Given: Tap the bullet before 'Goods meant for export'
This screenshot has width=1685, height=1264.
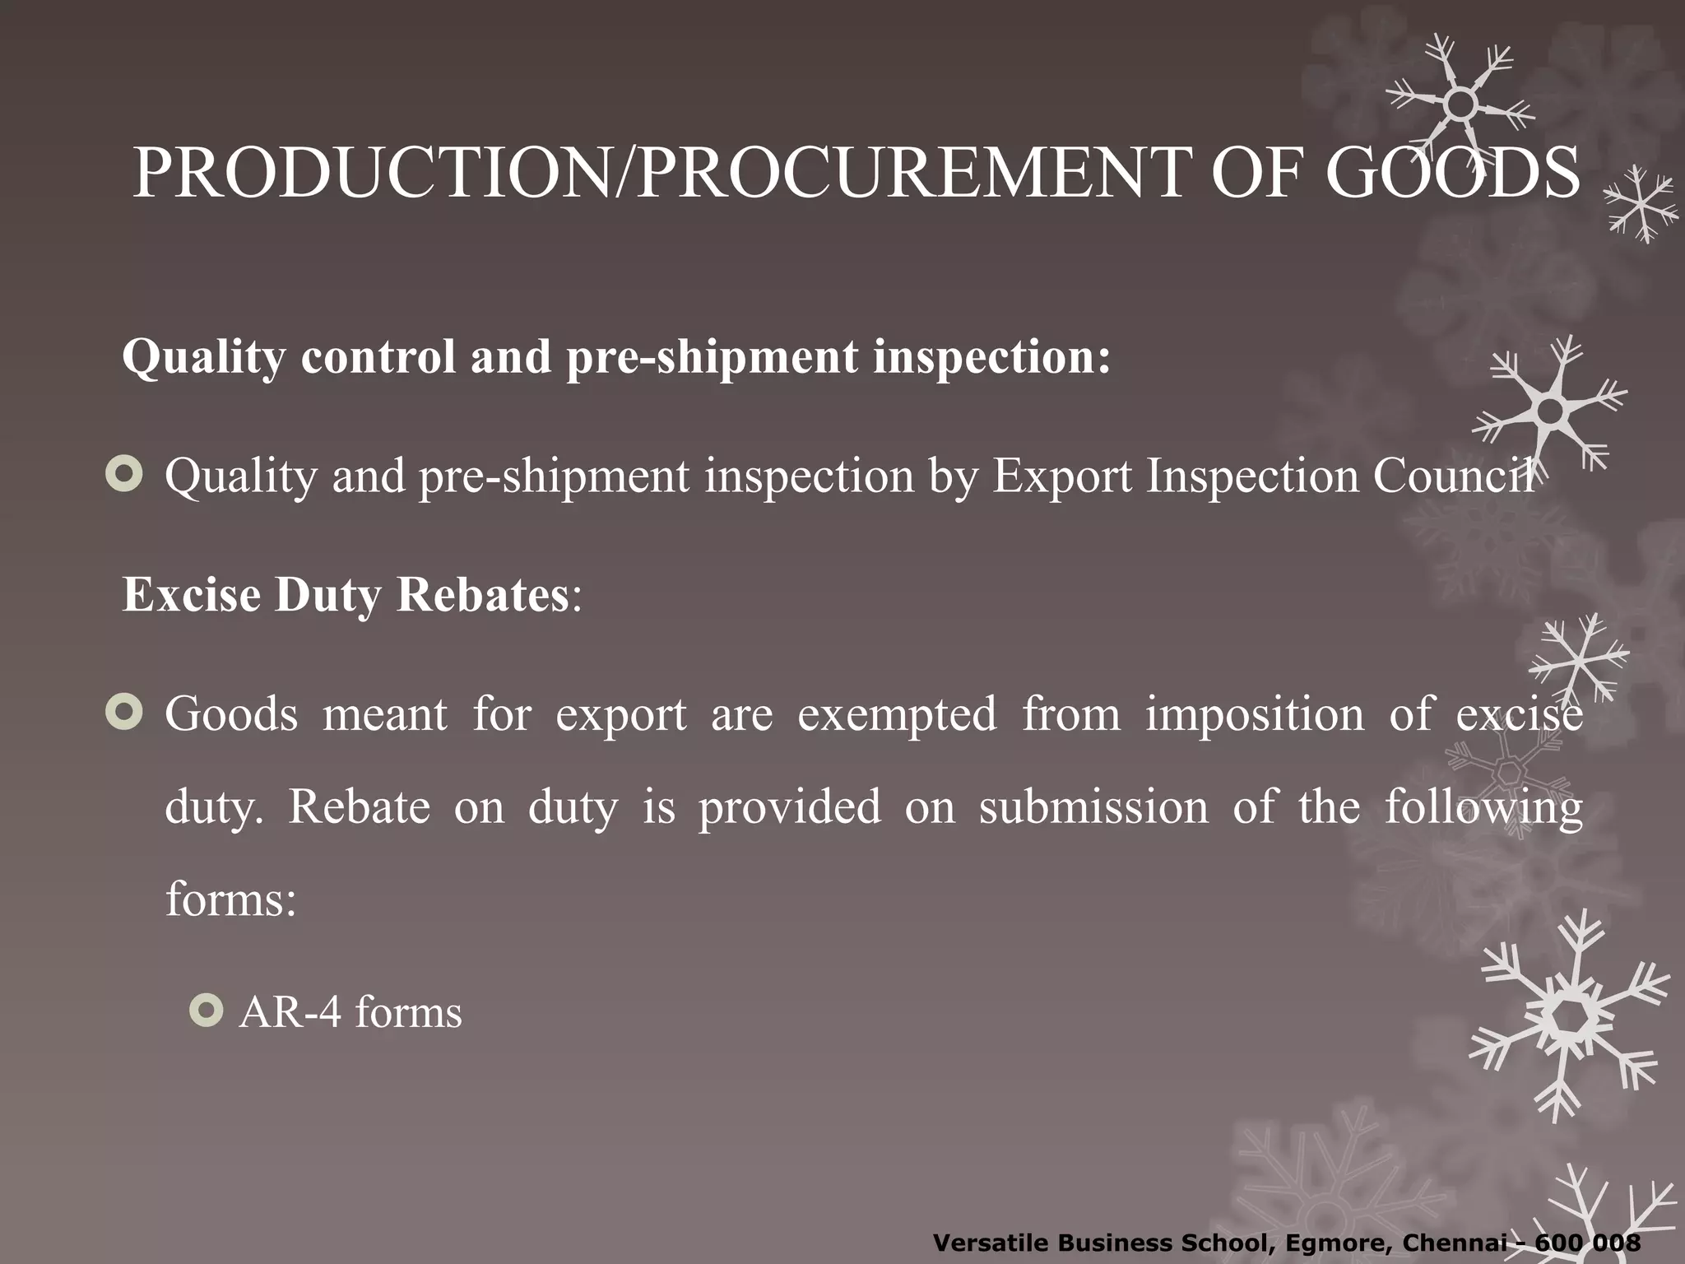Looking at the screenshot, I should coord(124,713).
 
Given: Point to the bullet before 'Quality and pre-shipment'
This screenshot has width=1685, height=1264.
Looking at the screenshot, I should coord(124,475).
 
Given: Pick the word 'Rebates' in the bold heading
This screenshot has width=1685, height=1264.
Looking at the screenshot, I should coord(482,594).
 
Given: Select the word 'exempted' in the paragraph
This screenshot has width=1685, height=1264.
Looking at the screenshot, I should coord(897,713).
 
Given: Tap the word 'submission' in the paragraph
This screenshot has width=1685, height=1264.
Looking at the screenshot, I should coord(1093,806).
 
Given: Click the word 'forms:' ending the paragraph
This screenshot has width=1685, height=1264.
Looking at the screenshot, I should coord(231,899).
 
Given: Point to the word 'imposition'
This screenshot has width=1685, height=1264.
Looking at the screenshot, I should coord(1255,713).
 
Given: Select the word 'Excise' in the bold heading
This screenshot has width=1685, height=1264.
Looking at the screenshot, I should coord(191,594).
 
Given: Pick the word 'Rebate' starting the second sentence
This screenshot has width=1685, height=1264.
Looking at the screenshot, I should coord(359,806).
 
